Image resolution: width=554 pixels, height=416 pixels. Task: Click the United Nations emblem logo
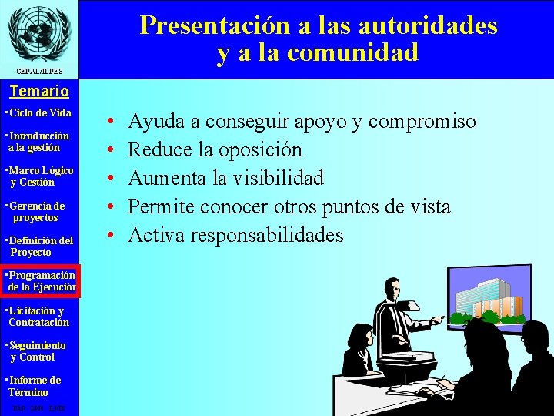[x=38, y=32]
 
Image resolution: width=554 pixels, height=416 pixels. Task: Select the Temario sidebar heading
[x=38, y=91]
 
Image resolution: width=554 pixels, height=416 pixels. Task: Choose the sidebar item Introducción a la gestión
[x=37, y=142]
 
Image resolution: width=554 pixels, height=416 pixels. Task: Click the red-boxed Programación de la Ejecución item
[x=39, y=281]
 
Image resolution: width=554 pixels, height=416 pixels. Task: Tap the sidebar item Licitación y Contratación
[x=37, y=317]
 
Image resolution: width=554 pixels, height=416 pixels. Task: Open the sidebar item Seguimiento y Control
[x=35, y=351]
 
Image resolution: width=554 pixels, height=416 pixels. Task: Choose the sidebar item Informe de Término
[x=33, y=386]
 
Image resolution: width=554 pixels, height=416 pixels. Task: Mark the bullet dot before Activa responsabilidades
[x=112, y=235]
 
